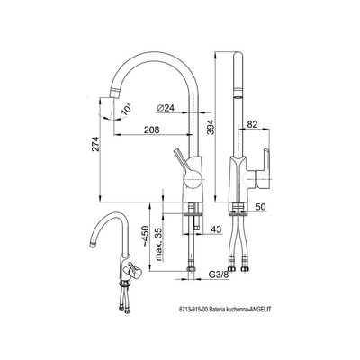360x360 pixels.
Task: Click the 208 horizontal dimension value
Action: coord(151,130)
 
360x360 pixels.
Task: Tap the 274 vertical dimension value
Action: coord(95,144)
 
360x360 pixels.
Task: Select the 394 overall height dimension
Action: coord(211,127)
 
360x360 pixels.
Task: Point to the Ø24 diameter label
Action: coord(166,108)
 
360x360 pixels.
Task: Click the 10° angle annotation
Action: coord(127,109)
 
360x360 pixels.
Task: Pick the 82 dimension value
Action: coord(252,124)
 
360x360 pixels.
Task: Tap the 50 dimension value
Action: coord(261,207)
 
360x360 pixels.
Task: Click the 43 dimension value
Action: coord(216,229)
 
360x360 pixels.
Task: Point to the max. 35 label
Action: coord(158,244)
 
